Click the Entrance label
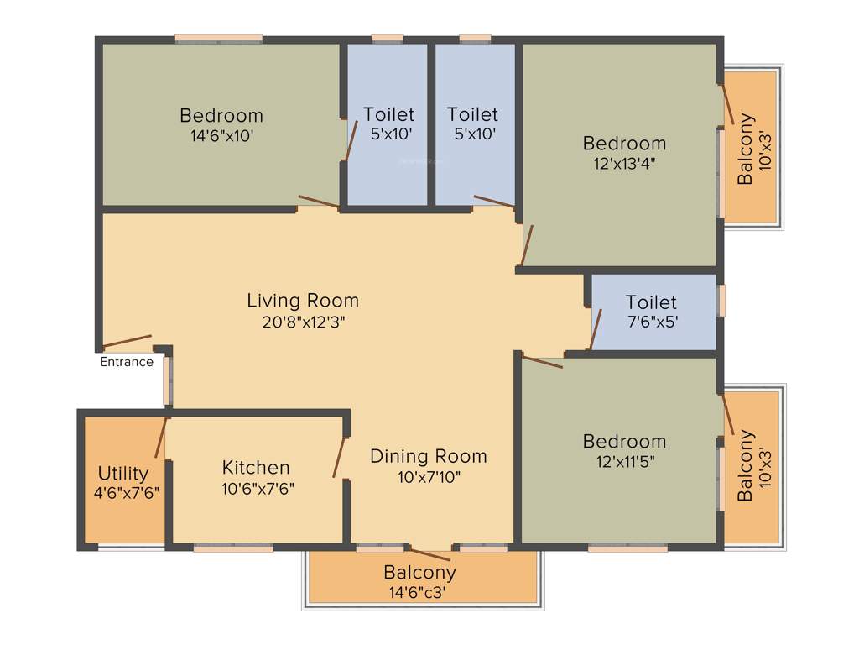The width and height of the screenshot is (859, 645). pos(127,362)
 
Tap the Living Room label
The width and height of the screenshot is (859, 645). pos(303,300)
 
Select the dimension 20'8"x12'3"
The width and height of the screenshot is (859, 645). pos(303,321)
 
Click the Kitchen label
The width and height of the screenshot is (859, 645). pos(256,467)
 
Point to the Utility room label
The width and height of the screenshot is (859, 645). pos(123,473)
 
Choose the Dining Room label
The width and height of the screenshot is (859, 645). pos(428,456)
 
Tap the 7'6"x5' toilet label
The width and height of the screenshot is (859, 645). pos(651,322)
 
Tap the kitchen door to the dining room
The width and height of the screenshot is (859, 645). pos(340,457)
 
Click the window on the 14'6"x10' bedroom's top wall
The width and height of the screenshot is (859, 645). pos(218,38)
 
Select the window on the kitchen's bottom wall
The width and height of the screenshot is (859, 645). pos(233,548)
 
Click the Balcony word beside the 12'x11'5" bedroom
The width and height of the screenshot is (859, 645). pos(744,466)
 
